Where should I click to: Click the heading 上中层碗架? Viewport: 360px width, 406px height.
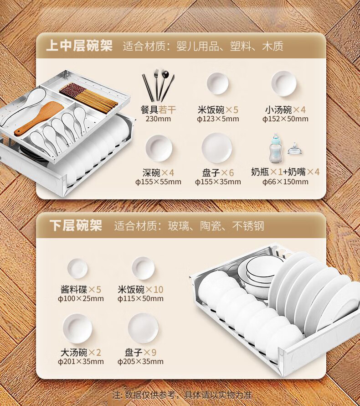pyautogui.click(x=79, y=46)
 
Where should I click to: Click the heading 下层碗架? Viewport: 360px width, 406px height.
pyautogui.click(x=76, y=225)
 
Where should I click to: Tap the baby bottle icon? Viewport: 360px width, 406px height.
pyautogui.click(x=276, y=148)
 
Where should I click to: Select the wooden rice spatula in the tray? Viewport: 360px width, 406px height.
pyautogui.click(x=39, y=118)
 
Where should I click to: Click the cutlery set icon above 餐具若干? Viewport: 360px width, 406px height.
pyautogui.click(x=158, y=86)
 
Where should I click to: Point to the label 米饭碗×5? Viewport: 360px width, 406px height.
pyautogui.click(x=218, y=110)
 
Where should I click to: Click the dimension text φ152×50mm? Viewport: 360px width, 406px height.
pyautogui.click(x=285, y=119)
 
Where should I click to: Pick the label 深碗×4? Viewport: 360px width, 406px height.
pyautogui.click(x=158, y=172)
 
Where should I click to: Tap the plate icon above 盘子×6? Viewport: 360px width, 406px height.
pyautogui.click(x=217, y=148)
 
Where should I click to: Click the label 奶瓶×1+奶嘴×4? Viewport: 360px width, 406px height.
pyautogui.click(x=285, y=172)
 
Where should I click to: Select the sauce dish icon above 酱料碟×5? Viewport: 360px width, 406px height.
pyautogui.click(x=77, y=269)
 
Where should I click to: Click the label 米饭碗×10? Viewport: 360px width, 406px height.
pyautogui.click(x=140, y=290)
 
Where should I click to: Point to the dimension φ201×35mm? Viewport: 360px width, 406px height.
pyautogui.click(x=81, y=361)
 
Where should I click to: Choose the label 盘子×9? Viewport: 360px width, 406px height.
pyautogui.click(x=140, y=353)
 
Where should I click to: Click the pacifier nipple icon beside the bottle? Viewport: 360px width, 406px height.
pyautogui.click(x=294, y=149)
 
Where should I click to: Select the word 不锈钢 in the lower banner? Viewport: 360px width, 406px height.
pyautogui.click(x=248, y=226)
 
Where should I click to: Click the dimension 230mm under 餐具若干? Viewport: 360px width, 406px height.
pyautogui.click(x=158, y=119)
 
